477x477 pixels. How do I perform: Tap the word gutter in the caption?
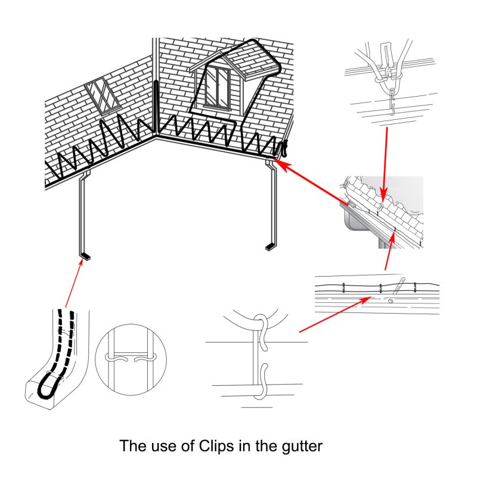[302, 447]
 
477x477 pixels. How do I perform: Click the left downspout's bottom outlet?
[86, 257]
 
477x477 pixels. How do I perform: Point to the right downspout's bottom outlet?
[270, 246]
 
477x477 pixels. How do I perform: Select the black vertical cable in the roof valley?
[156, 107]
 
